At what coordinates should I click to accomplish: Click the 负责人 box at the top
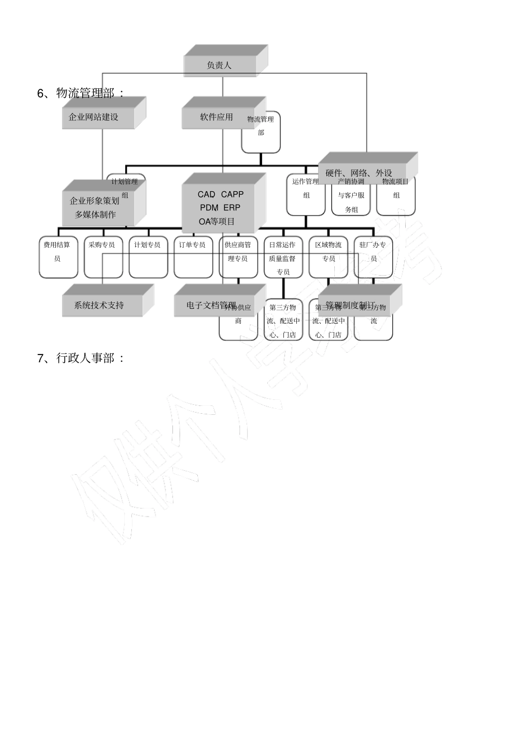click(x=220, y=65)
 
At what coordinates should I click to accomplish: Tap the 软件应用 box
click(x=217, y=117)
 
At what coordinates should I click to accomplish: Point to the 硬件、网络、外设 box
click(x=359, y=172)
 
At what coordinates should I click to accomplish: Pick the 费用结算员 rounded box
click(x=58, y=257)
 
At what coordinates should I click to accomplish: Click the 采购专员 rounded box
click(x=103, y=257)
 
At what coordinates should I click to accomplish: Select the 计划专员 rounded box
click(x=148, y=257)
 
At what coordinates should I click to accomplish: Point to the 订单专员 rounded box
click(x=193, y=257)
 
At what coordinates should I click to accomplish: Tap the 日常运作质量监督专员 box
click(x=283, y=258)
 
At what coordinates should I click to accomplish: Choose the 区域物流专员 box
click(x=328, y=257)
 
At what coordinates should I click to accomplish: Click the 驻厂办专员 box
click(x=373, y=257)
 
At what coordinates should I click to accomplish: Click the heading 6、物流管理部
click(x=80, y=93)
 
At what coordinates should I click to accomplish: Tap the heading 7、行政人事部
click(x=80, y=358)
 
